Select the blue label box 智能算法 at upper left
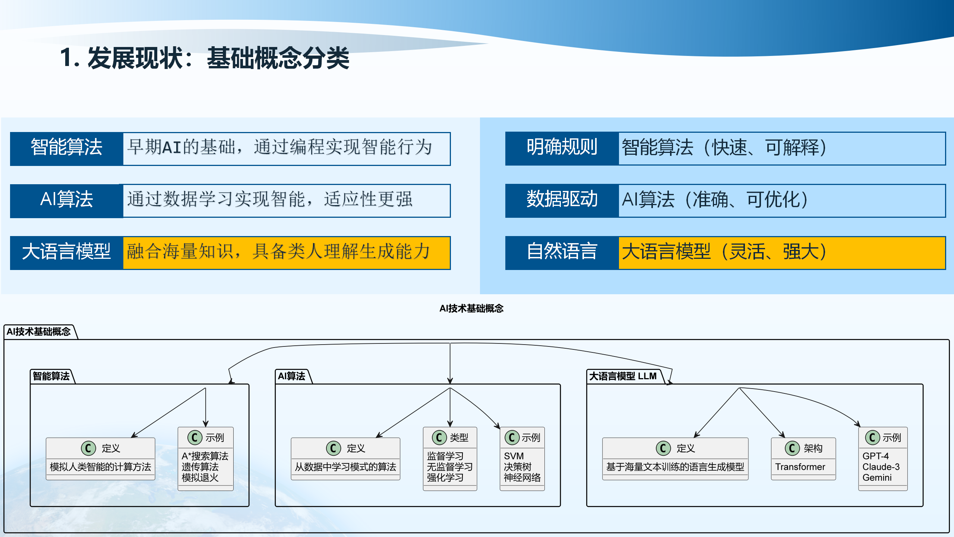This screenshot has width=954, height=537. pyautogui.click(x=66, y=148)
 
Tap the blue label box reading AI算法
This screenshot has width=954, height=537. pyautogui.click(x=66, y=200)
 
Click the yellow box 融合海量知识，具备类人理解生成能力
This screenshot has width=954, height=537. pyautogui.click(x=286, y=252)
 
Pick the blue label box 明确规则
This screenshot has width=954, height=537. pyautogui.click(x=562, y=148)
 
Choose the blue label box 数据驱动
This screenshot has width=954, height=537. pyautogui.click(x=562, y=200)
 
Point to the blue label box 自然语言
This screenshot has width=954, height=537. pyautogui.click(x=562, y=252)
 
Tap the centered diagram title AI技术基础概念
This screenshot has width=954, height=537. pyautogui.click(x=471, y=308)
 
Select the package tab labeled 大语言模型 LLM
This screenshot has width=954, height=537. pyautogui.click(x=623, y=376)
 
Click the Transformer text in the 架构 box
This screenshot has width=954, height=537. pyautogui.click(x=800, y=467)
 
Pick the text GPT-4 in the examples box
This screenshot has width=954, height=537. pyautogui.click(x=875, y=456)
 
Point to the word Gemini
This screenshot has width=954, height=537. pyautogui.click(x=877, y=478)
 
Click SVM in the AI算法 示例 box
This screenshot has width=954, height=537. pyautogui.click(x=514, y=456)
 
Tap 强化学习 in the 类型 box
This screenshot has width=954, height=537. pyautogui.click(x=445, y=478)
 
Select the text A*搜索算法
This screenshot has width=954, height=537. pyautogui.click(x=205, y=456)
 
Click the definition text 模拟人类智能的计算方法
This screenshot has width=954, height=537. pyautogui.click(x=100, y=467)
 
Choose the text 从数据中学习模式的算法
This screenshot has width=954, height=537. pyautogui.click(x=345, y=467)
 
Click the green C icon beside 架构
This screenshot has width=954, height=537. pyautogui.click(x=792, y=448)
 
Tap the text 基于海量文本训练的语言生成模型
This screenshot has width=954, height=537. pyautogui.click(x=675, y=467)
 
